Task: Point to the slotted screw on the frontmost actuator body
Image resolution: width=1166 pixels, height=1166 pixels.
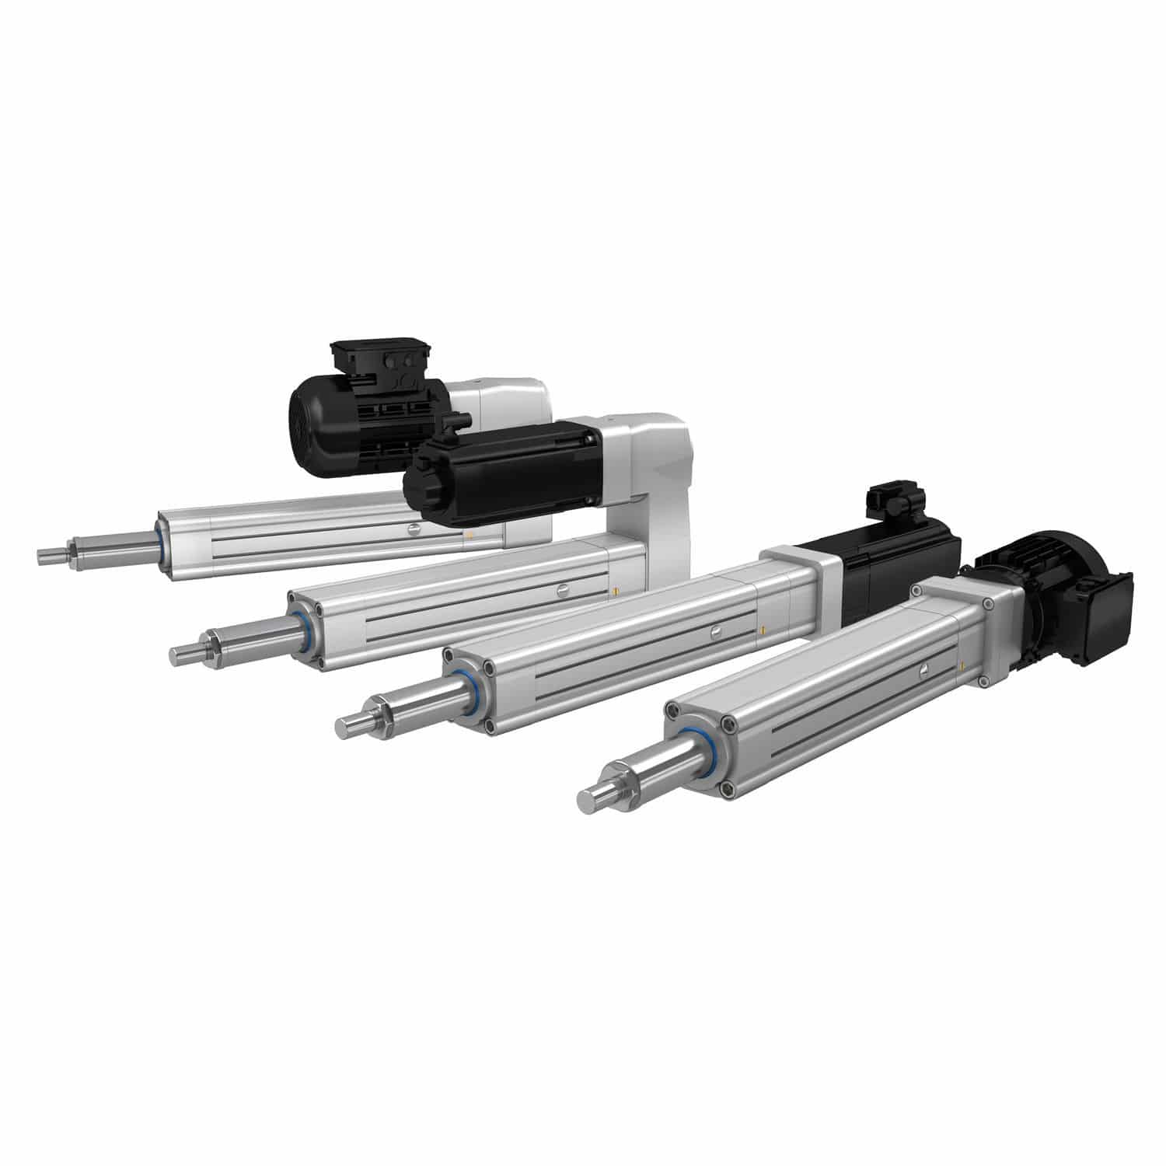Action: pos(923,670)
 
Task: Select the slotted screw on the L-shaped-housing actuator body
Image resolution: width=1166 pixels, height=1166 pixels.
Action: pos(562,591)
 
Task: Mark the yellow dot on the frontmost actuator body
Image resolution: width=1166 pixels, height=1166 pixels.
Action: pos(962,665)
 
